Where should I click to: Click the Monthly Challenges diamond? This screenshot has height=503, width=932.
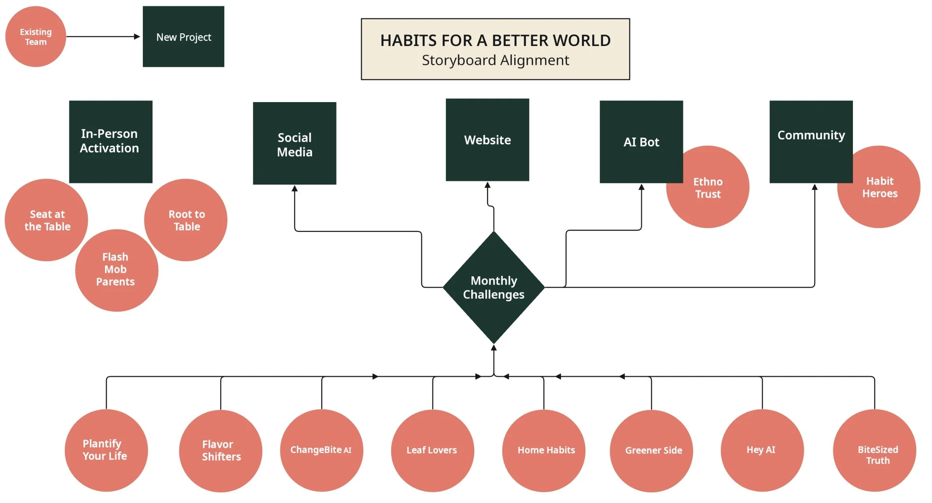click(494, 287)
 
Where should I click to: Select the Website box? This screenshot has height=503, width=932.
click(487, 140)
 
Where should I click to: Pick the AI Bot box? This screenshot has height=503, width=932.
click(641, 142)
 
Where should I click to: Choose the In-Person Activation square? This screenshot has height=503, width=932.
click(111, 142)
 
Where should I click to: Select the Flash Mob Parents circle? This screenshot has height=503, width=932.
click(117, 271)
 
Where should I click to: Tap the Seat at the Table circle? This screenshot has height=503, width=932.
click(46, 220)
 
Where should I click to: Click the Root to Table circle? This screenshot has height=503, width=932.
click(186, 220)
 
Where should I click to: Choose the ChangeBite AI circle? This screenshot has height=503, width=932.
click(321, 450)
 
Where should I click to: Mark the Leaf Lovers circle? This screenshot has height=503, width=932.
click(432, 450)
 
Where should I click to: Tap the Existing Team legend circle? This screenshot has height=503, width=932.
click(36, 36)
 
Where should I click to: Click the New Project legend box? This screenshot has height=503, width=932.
click(184, 36)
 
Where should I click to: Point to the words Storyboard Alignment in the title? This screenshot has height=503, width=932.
click(495, 60)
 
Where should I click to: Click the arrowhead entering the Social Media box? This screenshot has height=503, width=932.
click(295, 189)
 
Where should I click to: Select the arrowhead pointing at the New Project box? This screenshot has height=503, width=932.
click(137, 36)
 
